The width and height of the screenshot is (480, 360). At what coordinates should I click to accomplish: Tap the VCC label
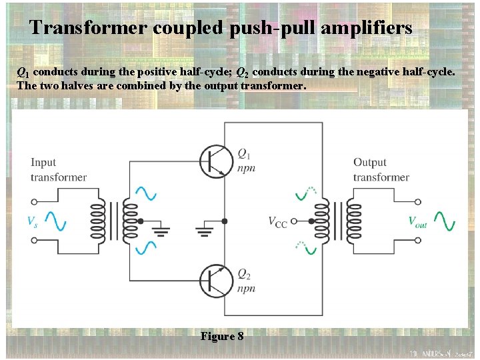click(x=277, y=222)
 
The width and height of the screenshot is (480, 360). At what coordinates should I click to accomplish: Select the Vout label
click(x=417, y=222)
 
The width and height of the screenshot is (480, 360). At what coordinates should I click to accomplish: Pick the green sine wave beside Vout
click(x=444, y=221)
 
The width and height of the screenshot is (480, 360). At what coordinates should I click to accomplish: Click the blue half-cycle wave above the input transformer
click(x=146, y=193)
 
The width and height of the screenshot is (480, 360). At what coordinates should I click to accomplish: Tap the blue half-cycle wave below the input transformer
click(x=146, y=247)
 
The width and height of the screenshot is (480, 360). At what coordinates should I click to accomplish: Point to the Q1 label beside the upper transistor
click(x=244, y=153)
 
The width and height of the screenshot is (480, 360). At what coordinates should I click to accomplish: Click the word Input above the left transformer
click(x=43, y=163)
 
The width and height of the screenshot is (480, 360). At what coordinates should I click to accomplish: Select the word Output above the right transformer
click(x=370, y=163)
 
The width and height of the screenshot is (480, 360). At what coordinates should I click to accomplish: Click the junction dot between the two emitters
click(x=225, y=221)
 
